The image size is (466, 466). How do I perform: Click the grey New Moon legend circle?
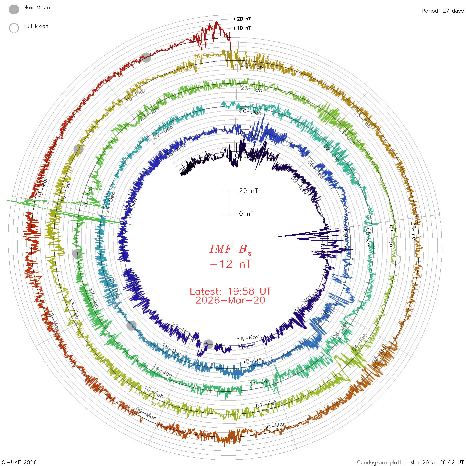click(14, 9)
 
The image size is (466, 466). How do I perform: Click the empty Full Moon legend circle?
click(14, 28)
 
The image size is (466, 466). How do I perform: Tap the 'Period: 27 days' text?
click(442, 11)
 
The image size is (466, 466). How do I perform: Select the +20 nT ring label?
click(242, 19)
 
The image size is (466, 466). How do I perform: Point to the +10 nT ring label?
click(242, 28)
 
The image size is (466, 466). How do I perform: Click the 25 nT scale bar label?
click(248, 191)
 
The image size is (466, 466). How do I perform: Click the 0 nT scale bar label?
click(246, 213)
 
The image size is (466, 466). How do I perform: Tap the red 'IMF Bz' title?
click(230, 249)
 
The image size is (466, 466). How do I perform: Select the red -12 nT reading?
click(231, 264)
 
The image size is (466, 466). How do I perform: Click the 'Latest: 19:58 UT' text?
click(230, 292)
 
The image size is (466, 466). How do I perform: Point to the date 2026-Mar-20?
click(230, 300)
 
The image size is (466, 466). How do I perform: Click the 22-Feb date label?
click(252, 66)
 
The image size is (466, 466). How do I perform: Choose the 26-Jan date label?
click(251, 89)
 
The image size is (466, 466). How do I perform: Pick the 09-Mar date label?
click(145, 413)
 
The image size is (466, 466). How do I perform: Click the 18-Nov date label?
click(248, 339)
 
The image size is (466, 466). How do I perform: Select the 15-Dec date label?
click(254, 360)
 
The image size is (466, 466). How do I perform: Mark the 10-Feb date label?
click(154, 392)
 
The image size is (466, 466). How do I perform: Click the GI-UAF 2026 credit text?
click(19, 462)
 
